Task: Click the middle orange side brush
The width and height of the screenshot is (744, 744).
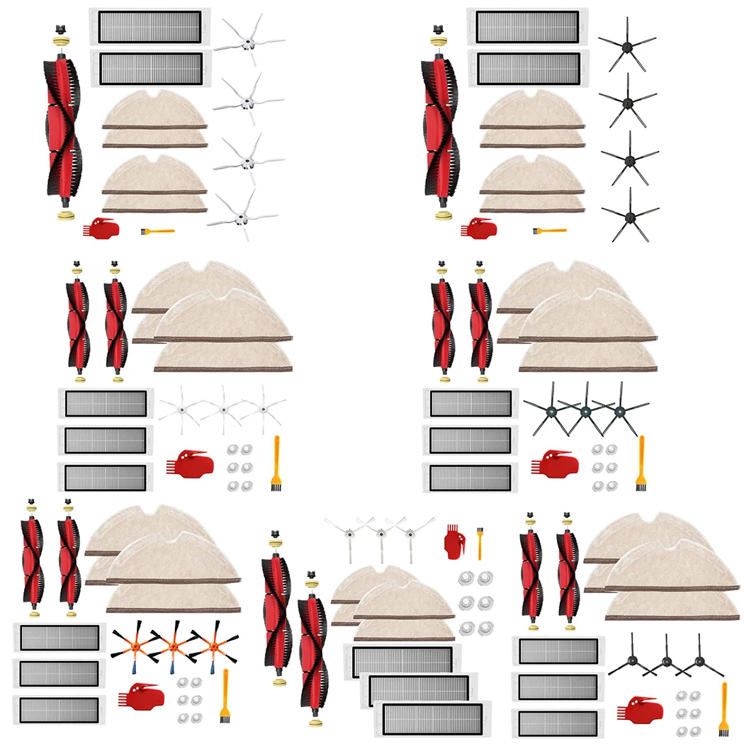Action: (x=172, y=646)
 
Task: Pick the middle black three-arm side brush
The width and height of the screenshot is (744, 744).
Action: (x=666, y=662)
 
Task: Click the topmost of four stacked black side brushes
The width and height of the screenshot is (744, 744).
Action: (x=626, y=44)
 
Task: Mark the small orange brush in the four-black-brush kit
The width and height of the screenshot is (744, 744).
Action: (x=548, y=230)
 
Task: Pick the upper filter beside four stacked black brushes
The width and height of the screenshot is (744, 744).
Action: (x=526, y=27)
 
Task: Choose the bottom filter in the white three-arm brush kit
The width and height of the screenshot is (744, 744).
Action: (x=432, y=718)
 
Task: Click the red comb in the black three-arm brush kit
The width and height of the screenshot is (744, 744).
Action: (x=641, y=709)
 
